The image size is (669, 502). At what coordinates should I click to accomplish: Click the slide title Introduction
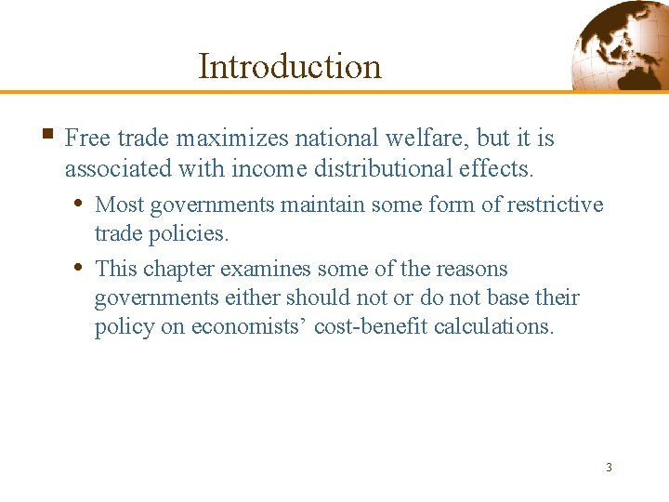coord(289,66)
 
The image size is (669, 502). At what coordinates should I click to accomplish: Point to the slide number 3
coord(609,467)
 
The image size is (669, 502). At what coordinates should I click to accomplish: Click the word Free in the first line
coord(87,139)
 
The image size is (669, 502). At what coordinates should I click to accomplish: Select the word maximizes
coord(232,139)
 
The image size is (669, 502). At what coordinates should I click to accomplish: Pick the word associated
coord(109,168)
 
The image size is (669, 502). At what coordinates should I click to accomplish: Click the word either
coord(254,298)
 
